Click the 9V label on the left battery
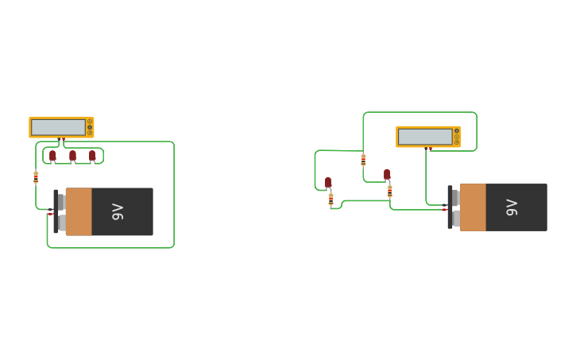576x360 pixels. tap(118, 211)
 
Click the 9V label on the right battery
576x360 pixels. tap(512, 207)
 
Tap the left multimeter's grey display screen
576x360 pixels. tap(58, 127)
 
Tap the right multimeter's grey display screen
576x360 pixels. tap(425, 137)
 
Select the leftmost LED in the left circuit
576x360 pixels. tap(53, 156)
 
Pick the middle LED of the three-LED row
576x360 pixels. tap(72, 156)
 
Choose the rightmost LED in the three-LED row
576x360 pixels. tap(92, 156)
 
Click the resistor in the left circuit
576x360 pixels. tap(36, 176)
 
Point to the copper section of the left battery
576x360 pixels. tap(79, 211)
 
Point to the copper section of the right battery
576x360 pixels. tap(473, 207)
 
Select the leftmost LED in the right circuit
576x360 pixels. tap(328, 182)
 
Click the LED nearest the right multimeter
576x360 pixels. tap(387, 174)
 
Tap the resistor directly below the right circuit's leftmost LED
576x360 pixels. tap(331, 199)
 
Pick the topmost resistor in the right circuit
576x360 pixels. tap(363, 160)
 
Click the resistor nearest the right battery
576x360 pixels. tap(389, 191)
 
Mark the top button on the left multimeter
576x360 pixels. tap(90, 122)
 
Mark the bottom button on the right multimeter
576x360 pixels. tap(457, 142)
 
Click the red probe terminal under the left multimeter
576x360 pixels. tap(60, 139)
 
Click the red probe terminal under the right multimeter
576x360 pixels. tap(429, 149)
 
